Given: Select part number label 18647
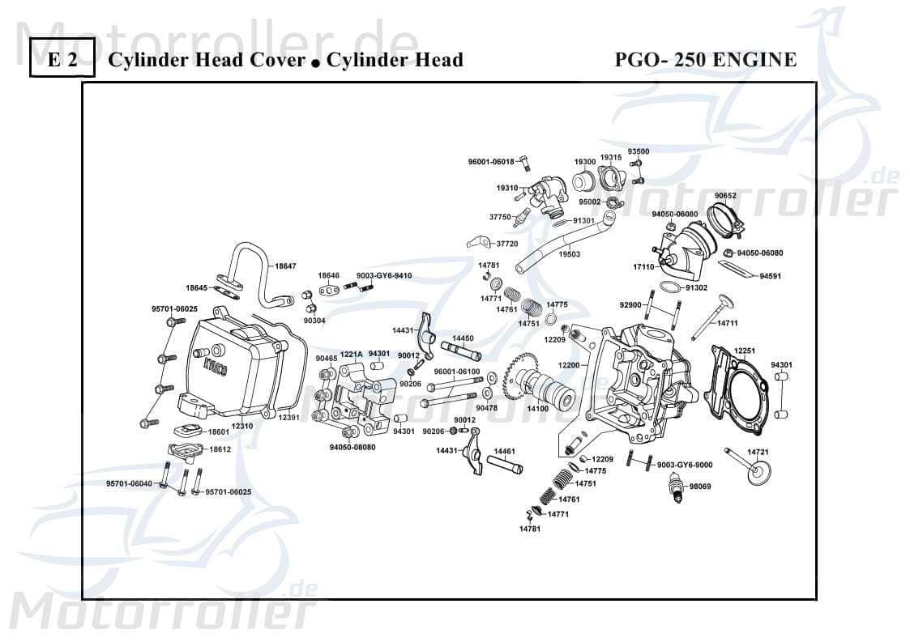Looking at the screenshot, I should pyautogui.click(x=285, y=266).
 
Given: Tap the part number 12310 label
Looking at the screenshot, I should pyautogui.click(x=242, y=425).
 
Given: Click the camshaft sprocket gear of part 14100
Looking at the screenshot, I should pyautogui.click(x=518, y=378).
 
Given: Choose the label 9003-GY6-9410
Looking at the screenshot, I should pyautogui.click(x=384, y=275).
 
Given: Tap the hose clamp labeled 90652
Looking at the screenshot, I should pyautogui.click(x=730, y=219).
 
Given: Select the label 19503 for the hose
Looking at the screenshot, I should pyautogui.click(x=570, y=254).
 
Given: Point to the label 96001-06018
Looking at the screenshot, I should pyautogui.click(x=491, y=162).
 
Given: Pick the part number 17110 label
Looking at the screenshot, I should pyautogui.click(x=643, y=266).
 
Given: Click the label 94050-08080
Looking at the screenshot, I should pyautogui.click(x=352, y=447).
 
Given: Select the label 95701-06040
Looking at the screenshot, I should pyautogui.click(x=129, y=483).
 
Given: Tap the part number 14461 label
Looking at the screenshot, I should pyautogui.click(x=505, y=451).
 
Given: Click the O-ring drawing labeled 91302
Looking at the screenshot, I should pyautogui.click(x=669, y=287).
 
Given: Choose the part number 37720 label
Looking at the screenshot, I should pyautogui.click(x=506, y=244).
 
